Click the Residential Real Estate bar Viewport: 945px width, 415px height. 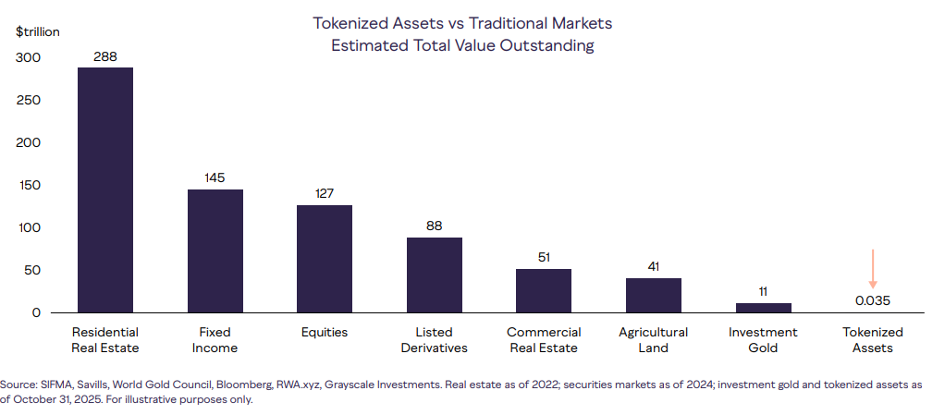pyautogui.click(x=105, y=189)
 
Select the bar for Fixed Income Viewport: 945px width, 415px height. pyautogui.click(x=215, y=250)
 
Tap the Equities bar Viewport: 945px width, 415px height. pyautogui.click(x=325, y=259)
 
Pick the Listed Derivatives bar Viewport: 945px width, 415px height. pyautogui.click(x=435, y=275)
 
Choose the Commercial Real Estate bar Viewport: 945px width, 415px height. pyautogui.click(x=544, y=290)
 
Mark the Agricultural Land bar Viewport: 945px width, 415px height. pyautogui.click(x=654, y=295)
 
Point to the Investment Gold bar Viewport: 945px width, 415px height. pyautogui.click(x=764, y=308)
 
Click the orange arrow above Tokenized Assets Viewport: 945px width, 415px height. pyautogui.click(x=872, y=269)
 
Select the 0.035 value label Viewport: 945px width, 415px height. pyautogui.click(x=873, y=300)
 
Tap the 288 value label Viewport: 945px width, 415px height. pyautogui.click(x=105, y=55)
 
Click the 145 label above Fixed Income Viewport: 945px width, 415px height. pyautogui.click(x=215, y=177)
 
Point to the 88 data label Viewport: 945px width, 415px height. pyautogui.click(x=435, y=226)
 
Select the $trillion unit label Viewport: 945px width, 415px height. pyautogui.click(x=38, y=31)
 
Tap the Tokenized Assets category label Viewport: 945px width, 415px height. pyautogui.click(x=873, y=339)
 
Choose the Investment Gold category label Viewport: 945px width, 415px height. pyautogui.click(x=764, y=339)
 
